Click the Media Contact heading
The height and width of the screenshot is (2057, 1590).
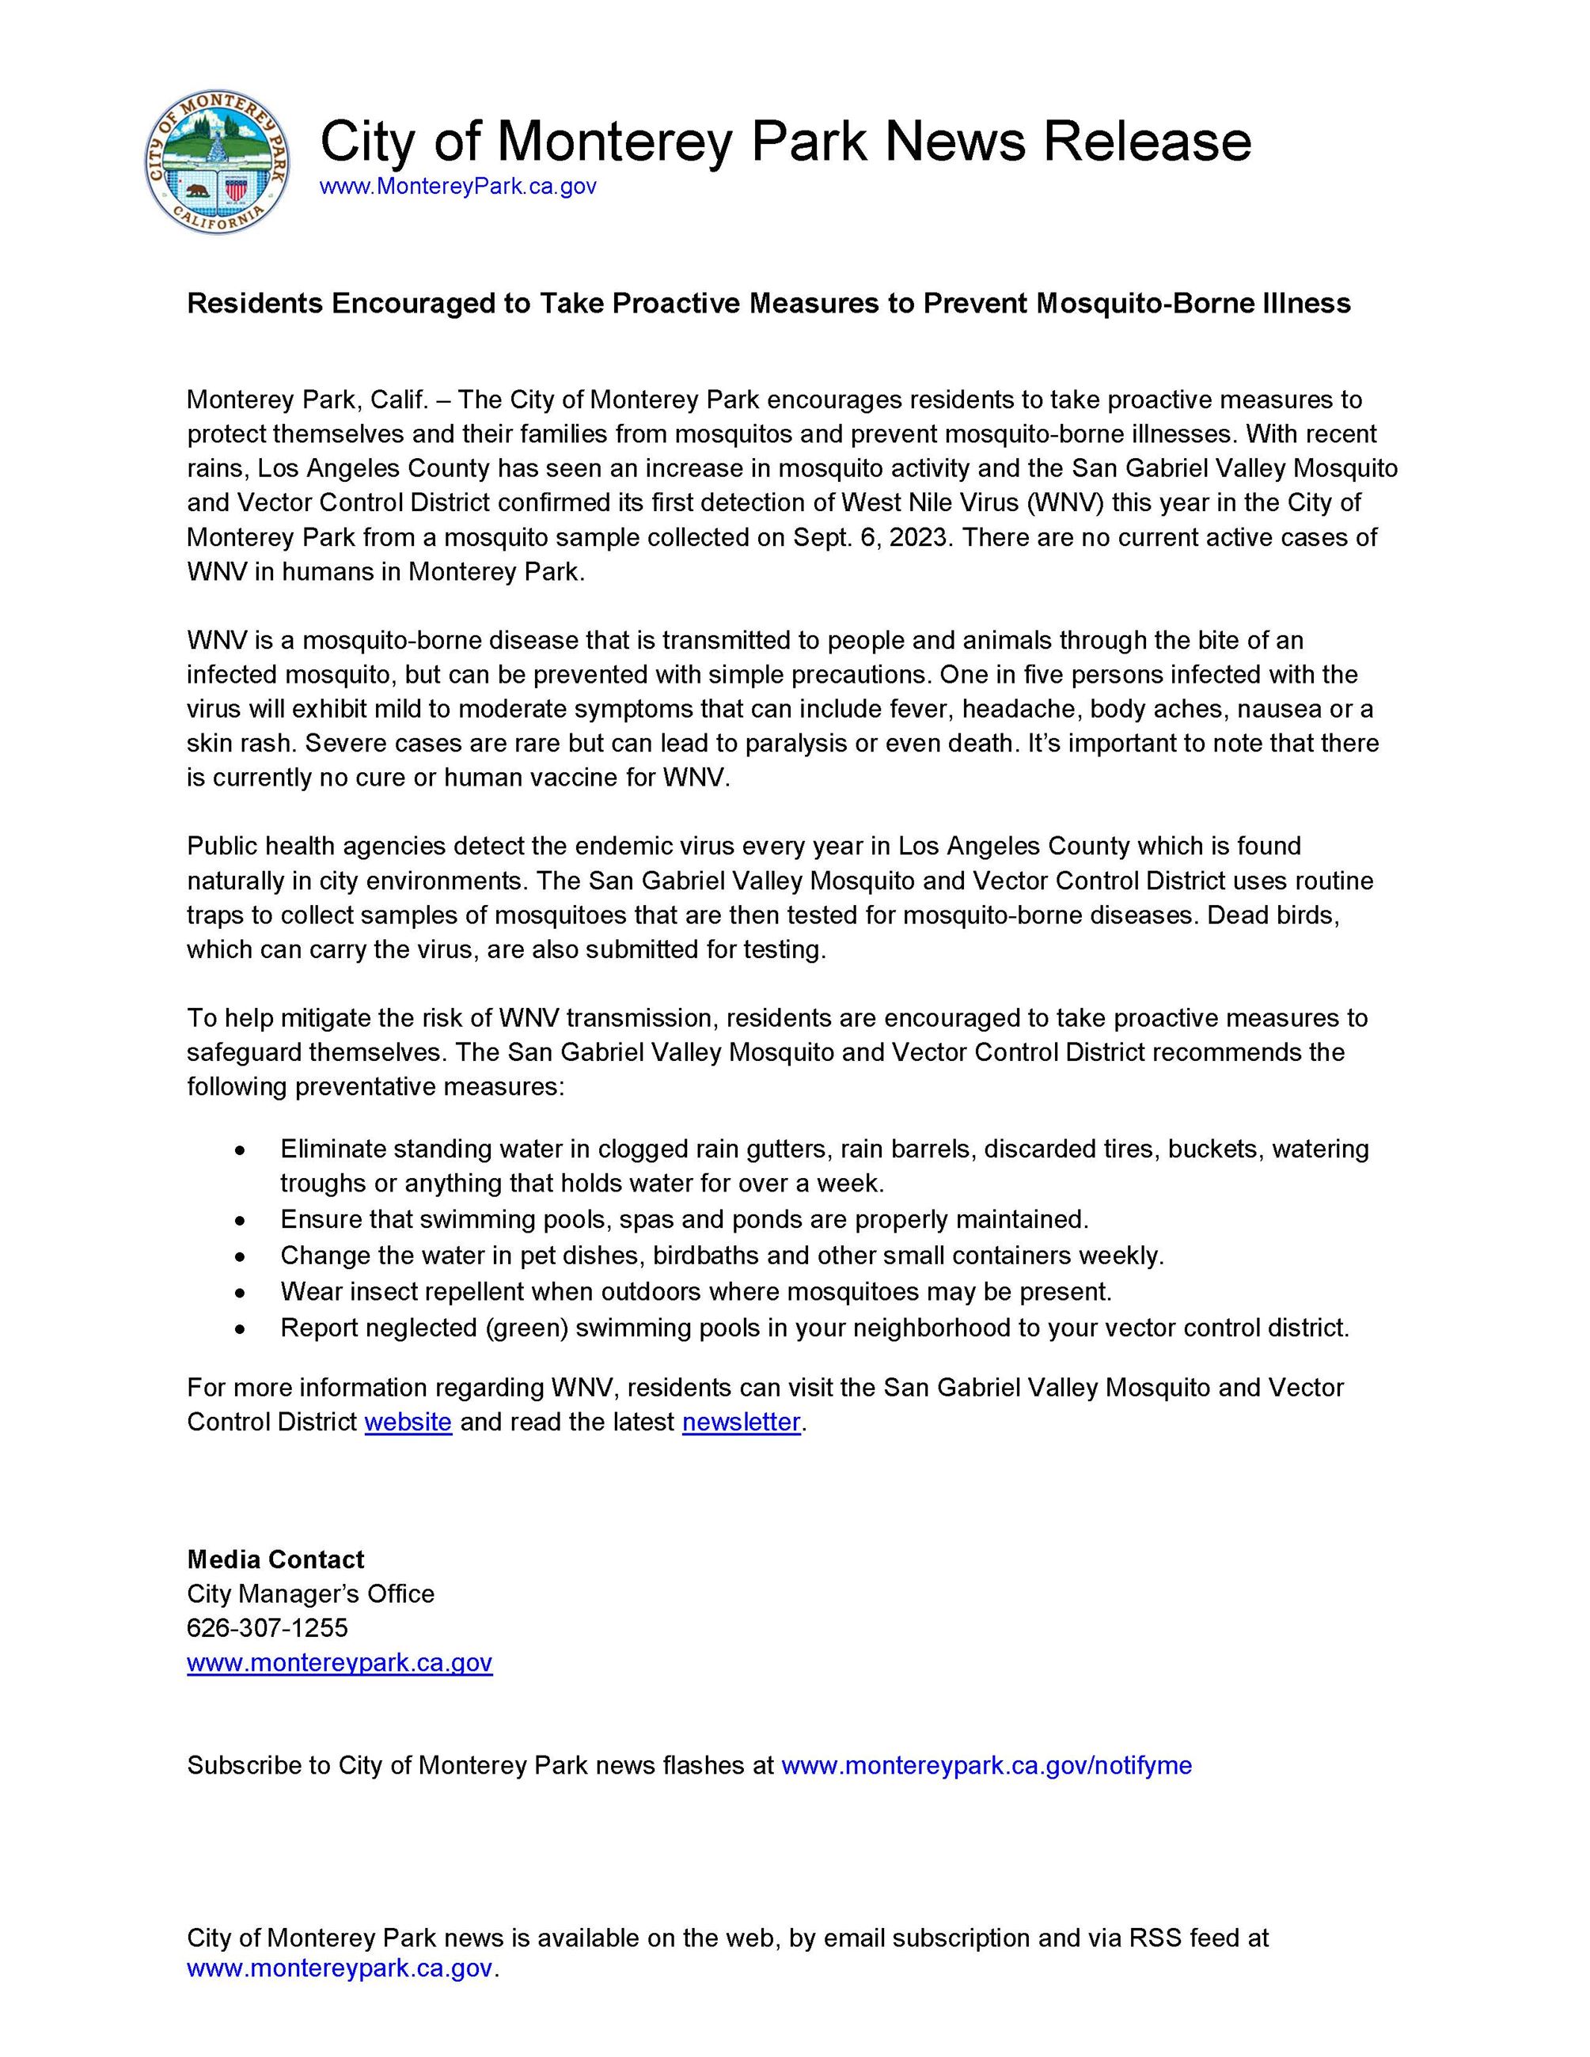click(x=275, y=1559)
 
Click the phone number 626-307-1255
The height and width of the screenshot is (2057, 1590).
click(x=268, y=1628)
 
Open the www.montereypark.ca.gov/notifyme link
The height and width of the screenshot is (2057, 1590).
click(x=986, y=1766)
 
